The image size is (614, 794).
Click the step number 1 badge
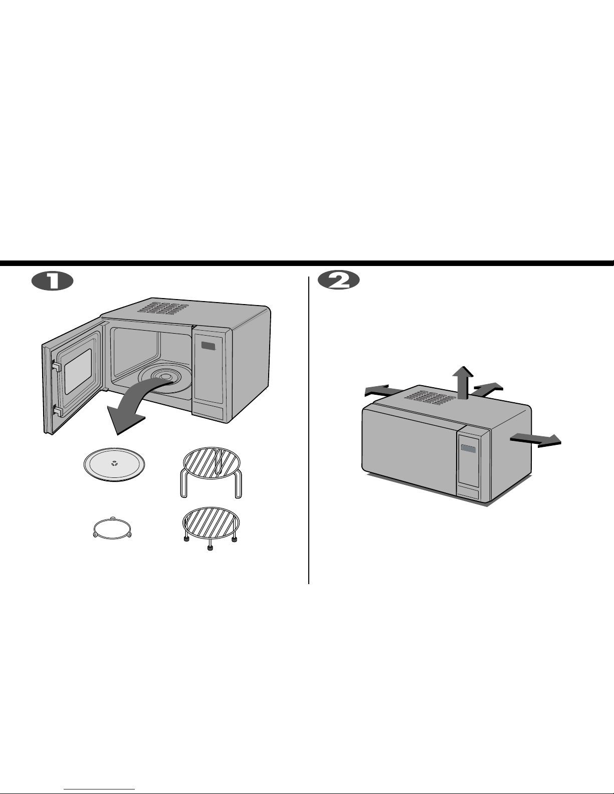[x=52, y=281]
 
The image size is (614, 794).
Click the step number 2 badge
[x=338, y=280]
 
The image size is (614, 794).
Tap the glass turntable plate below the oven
[x=114, y=464]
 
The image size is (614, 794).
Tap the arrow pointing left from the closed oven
[x=384, y=391]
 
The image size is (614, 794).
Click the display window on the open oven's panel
[x=209, y=346]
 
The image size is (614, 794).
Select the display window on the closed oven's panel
[x=469, y=449]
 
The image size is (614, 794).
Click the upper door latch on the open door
[x=56, y=366]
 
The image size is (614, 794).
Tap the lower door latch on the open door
[x=57, y=411]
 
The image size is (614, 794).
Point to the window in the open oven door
[x=78, y=371]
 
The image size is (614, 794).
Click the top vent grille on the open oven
[x=163, y=309]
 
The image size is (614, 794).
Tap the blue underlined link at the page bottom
[x=99, y=789]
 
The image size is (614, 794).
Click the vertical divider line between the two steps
[x=309, y=430]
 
